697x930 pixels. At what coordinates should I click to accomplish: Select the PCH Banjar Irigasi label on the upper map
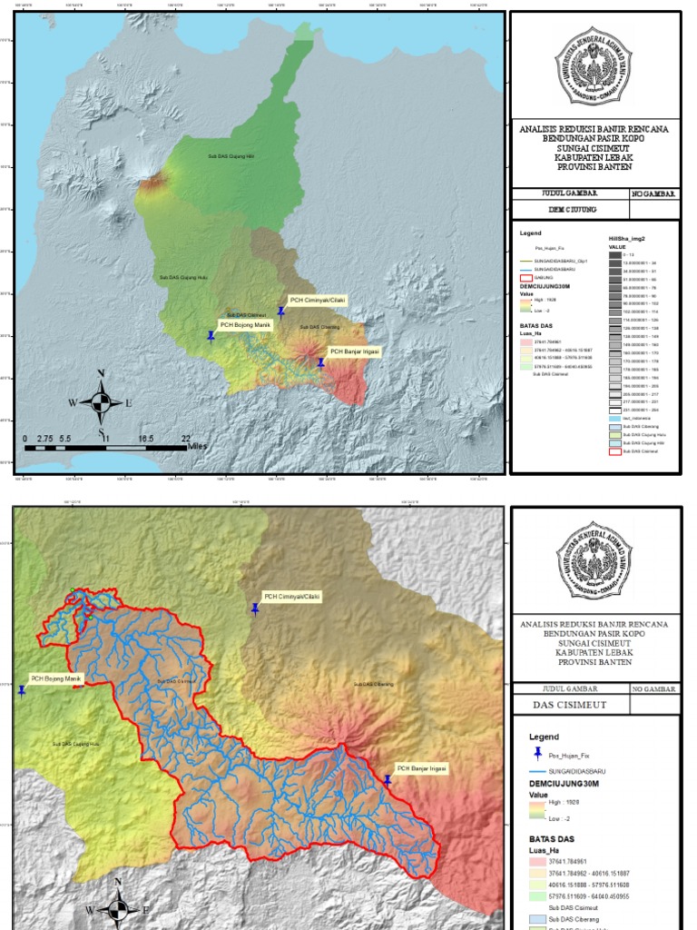(x=354, y=351)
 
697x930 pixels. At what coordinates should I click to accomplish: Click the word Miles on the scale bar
(x=197, y=447)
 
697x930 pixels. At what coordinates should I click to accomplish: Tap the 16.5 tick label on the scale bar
(x=145, y=438)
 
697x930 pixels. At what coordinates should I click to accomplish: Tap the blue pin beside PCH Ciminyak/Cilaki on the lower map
(x=256, y=610)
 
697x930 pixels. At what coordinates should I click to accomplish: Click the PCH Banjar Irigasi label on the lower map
(x=421, y=768)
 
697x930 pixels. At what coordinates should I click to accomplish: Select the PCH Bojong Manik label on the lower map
(x=56, y=678)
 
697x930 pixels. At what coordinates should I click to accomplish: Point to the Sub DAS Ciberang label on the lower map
(x=373, y=684)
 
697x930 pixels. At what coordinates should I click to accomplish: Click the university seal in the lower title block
(x=594, y=560)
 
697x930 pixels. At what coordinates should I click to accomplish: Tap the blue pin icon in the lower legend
(x=538, y=754)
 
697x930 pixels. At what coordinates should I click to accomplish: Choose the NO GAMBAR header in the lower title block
(x=653, y=689)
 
